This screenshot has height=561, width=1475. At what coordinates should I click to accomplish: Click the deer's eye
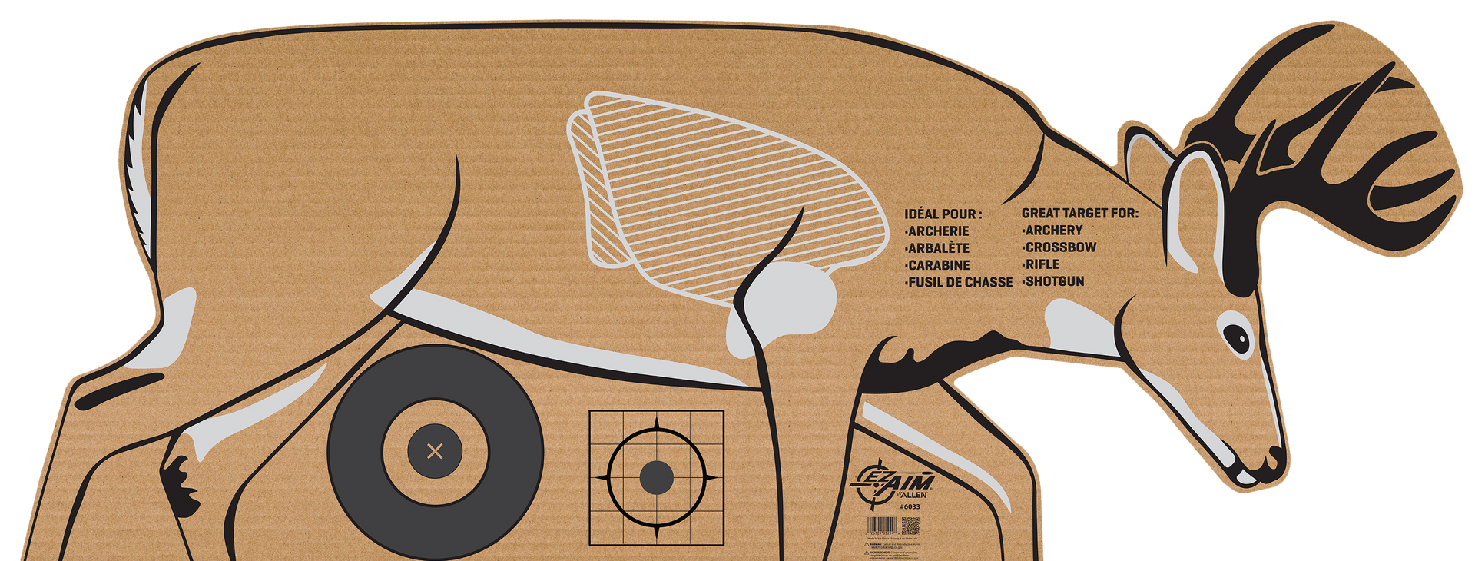[x=1236, y=336]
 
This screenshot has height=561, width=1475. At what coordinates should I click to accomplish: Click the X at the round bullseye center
[x=435, y=451]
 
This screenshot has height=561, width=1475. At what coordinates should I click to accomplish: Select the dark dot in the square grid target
[x=656, y=478]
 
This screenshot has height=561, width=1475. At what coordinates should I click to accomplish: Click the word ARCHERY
[x=1053, y=231]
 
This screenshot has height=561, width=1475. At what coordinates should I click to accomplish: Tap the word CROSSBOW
[x=1060, y=247]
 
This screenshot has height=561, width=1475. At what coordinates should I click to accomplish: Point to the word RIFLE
[x=1042, y=264]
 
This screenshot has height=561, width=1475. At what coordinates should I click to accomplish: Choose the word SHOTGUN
[x=1054, y=281]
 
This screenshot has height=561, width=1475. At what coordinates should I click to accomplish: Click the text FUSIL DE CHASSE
[x=960, y=283]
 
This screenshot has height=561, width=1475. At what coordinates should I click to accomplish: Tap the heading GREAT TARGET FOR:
[x=1079, y=213]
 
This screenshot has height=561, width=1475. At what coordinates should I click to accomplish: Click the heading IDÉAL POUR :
[x=943, y=214]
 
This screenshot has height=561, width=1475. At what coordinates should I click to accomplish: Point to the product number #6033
[x=910, y=507]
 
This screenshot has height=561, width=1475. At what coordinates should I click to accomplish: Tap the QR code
[x=910, y=527]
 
